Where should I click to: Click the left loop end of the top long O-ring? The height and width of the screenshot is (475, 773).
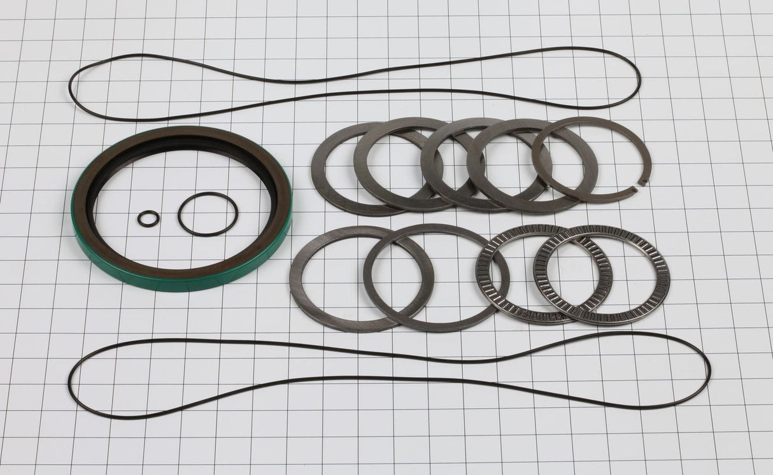(x=71, y=89)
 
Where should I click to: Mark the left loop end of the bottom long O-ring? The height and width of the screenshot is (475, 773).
(x=70, y=382)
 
